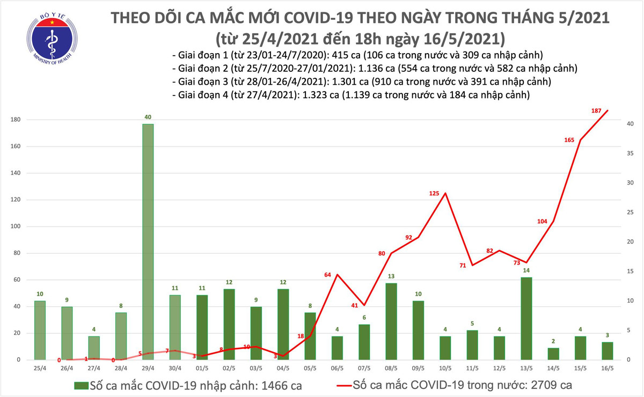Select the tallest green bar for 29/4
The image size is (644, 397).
[x=148, y=241]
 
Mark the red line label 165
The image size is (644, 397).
[x=569, y=140]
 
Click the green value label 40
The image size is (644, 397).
[x=148, y=117]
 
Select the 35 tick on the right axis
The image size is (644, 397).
[x=631, y=153]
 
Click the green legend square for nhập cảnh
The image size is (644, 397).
[x=81, y=385]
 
